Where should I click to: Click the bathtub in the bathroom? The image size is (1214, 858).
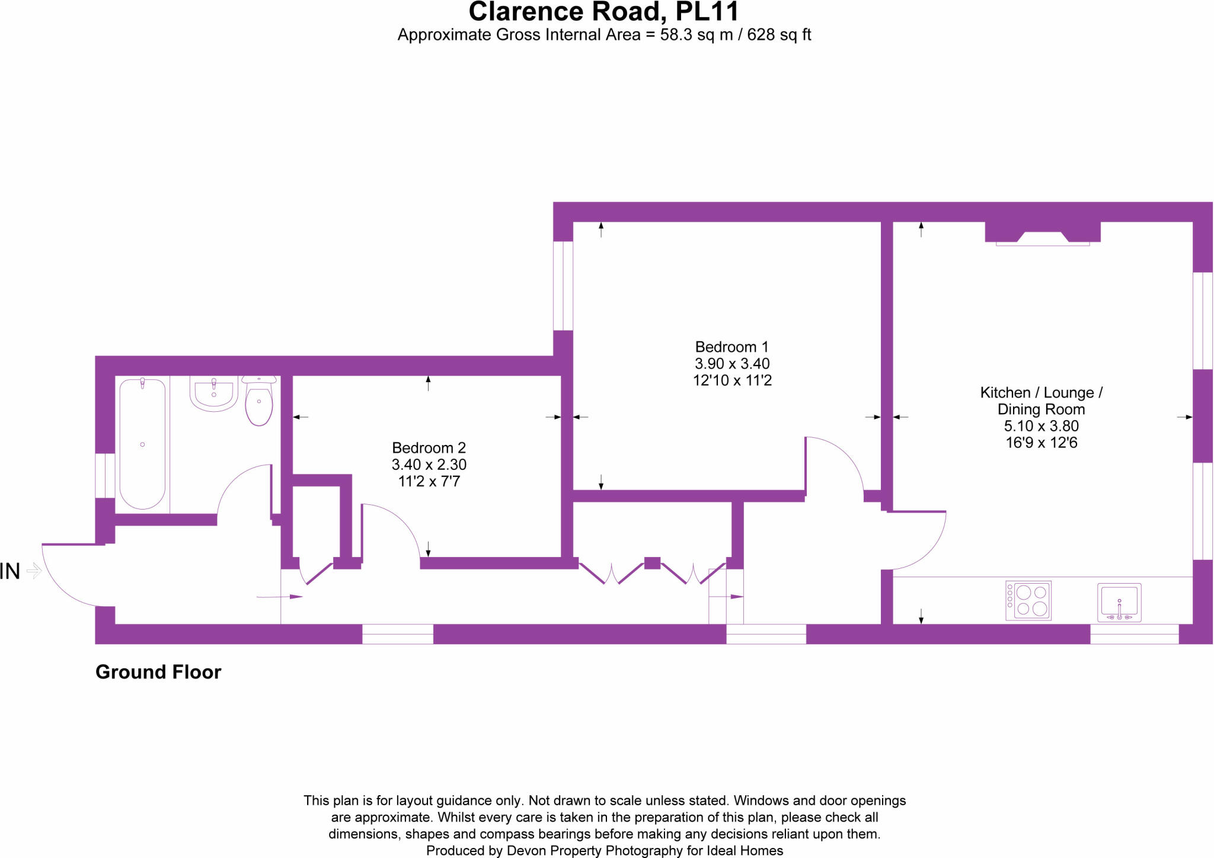click(x=142, y=444)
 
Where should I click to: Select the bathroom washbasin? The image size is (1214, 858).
click(x=214, y=393)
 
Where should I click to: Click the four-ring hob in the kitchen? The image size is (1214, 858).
click(x=1028, y=600)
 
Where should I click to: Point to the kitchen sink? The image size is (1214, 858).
click(x=1119, y=602)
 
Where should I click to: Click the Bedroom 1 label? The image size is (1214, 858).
click(x=731, y=347)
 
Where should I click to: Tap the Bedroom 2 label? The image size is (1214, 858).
click(x=429, y=448)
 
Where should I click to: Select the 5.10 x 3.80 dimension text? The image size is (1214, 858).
click(x=1041, y=426)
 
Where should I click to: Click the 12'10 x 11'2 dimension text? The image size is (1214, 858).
click(x=732, y=380)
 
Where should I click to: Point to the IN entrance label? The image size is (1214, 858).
click(x=11, y=571)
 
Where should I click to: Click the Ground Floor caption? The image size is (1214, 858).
click(x=158, y=672)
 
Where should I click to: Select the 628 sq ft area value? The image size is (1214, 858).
click(x=779, y=35)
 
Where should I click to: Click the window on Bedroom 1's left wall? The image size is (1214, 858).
click(x=563, y=286)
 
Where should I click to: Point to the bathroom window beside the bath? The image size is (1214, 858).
click(x=106, y=475)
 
